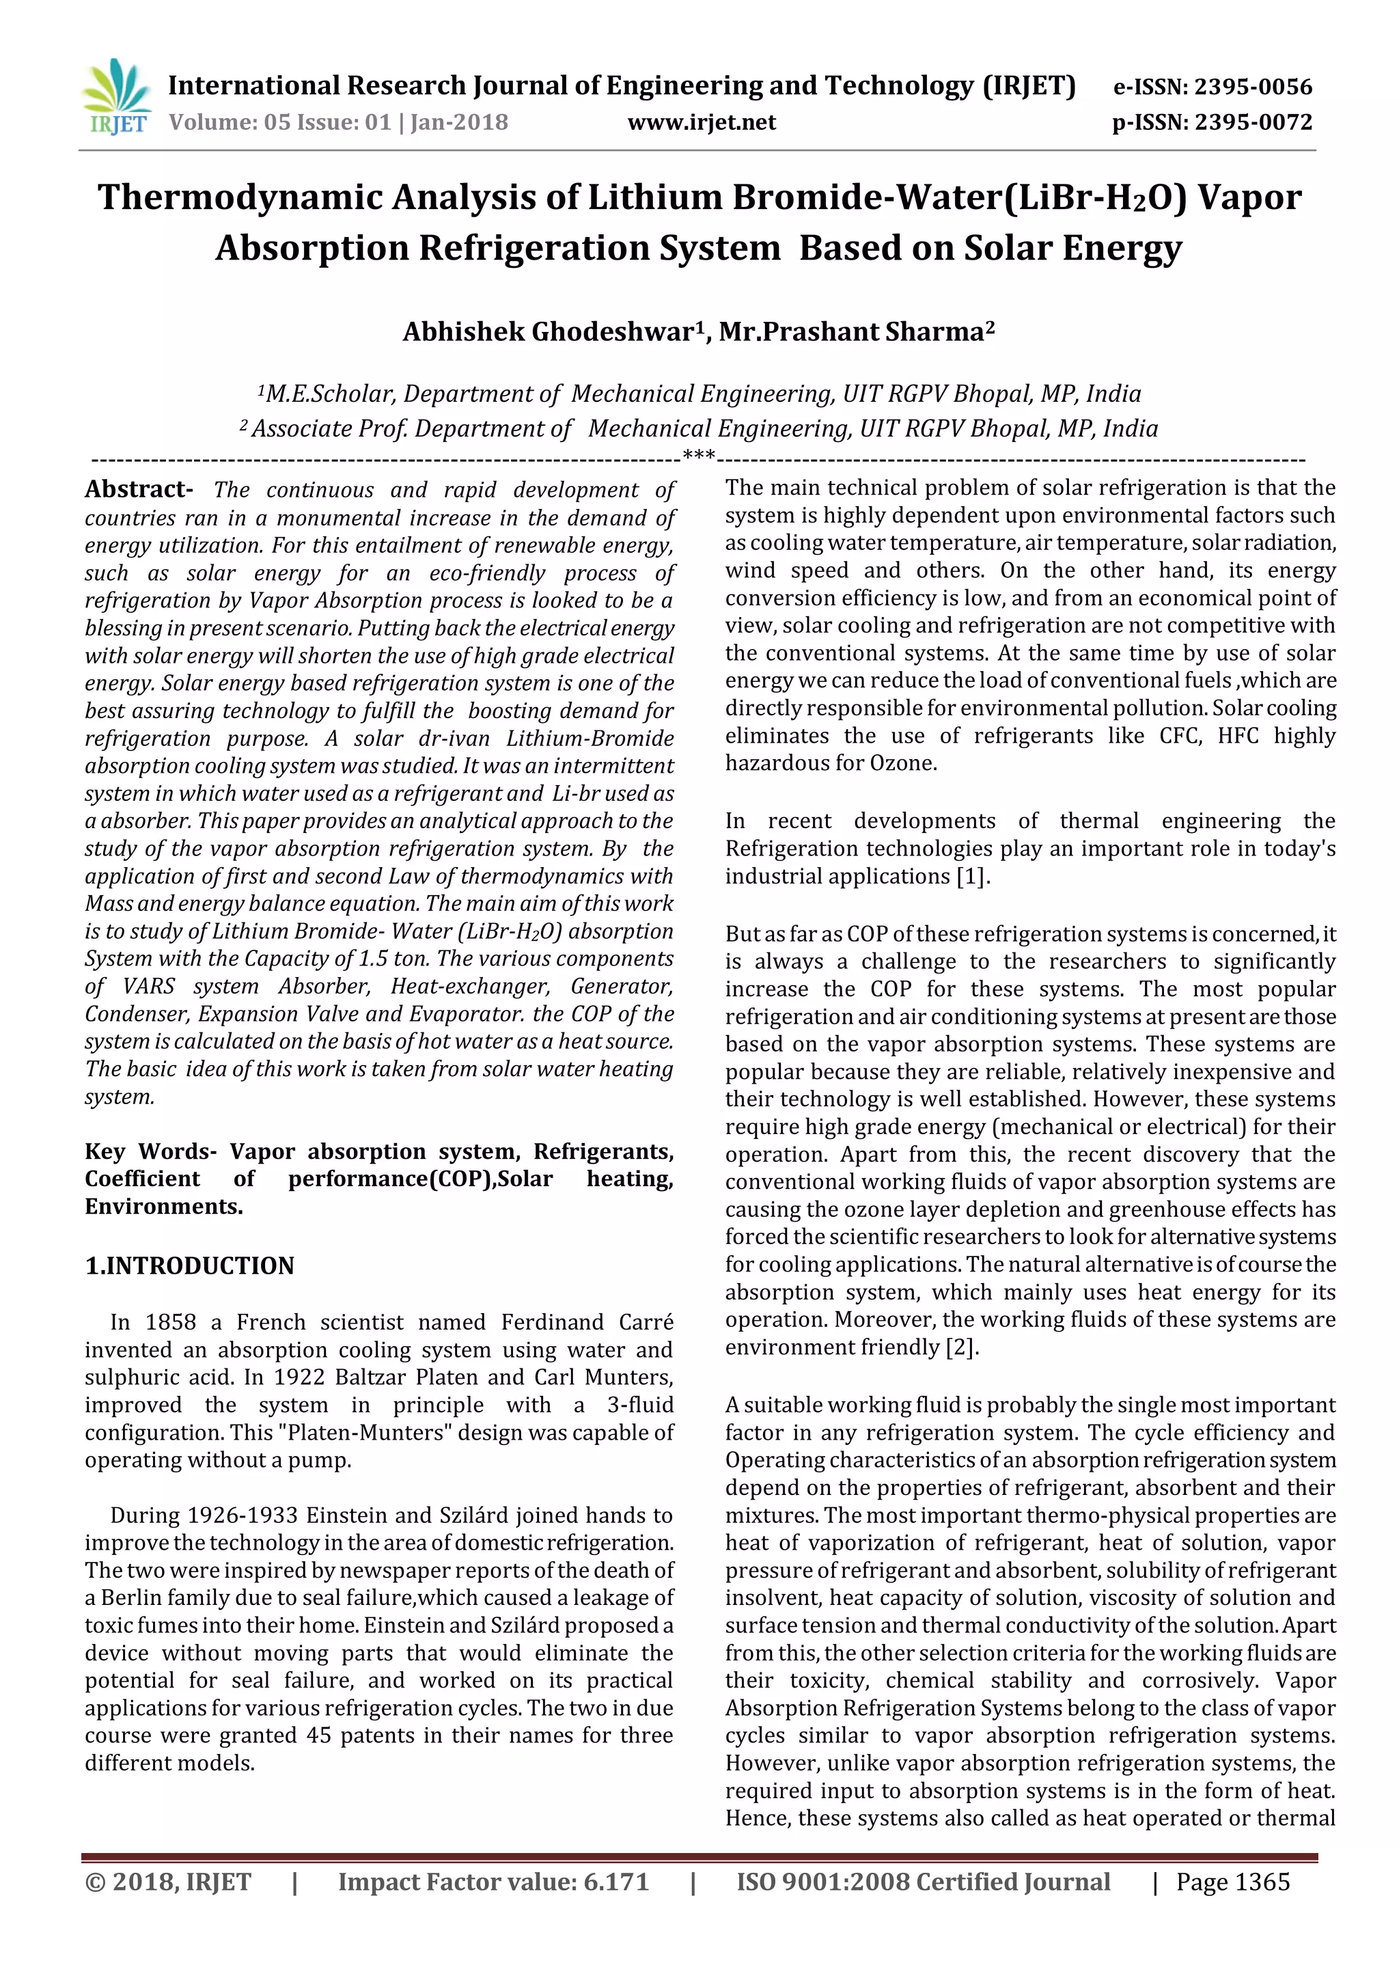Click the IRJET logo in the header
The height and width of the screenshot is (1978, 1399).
[115, 97]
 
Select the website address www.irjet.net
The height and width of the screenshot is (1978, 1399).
[702, 122]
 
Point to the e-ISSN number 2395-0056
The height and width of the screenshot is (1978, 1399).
[1253, 87]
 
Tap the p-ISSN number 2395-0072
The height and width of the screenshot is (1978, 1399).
[1253, 122]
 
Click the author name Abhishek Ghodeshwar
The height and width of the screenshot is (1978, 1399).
[548, 331]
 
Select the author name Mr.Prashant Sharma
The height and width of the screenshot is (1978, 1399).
[852, 331]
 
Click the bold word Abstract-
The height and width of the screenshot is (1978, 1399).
[139, 489]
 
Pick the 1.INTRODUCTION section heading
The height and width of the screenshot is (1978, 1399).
[189, 1265]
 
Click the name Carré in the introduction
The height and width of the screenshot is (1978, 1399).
[646, 1322]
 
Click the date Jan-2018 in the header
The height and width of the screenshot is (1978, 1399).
[459, 122]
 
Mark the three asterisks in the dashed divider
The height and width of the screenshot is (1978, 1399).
[699, 456]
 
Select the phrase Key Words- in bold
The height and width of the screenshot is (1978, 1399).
[151, 1152]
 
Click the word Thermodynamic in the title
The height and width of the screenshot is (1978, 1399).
[240, 197]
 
